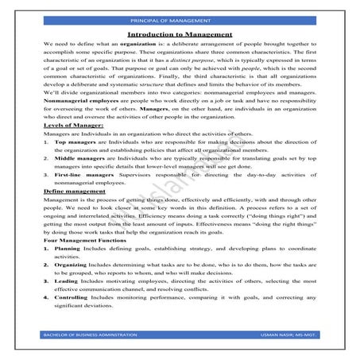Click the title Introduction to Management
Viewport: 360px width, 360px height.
pyautogui.click(x=180, y=35)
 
